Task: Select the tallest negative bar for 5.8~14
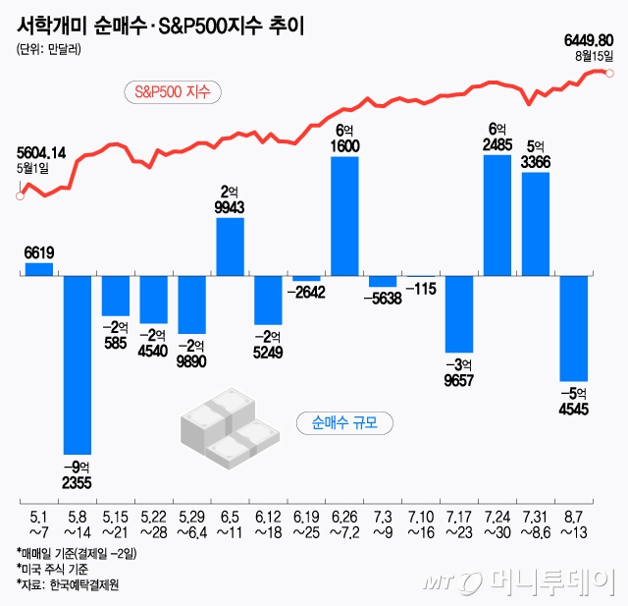click(78, 364)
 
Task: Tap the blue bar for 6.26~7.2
click(344, 215)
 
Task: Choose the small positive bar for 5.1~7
click(39, 269)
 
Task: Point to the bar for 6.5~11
click(230, 247)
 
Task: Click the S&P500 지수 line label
click(174, 92)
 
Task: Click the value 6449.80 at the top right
click(589, 40)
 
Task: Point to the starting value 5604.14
click(42, 152)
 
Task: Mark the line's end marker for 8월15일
click(610, 73)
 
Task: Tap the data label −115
click(420, 290)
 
